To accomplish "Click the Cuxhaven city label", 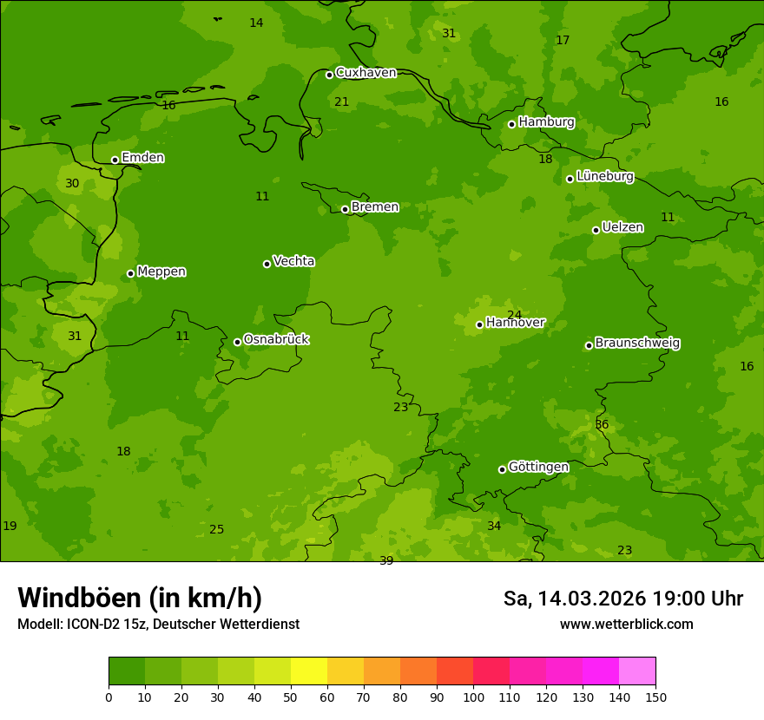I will click(x=366, y=73).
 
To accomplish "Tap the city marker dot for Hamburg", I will click(x=512, y=124).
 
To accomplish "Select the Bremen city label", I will click(x=374, y=207).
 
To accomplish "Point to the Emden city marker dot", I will click(x=115, y=160).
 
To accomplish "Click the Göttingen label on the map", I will click(x=538, y=468).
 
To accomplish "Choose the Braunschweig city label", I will click(x=637, y=344).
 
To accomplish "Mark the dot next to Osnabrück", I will click(x=237, y=342).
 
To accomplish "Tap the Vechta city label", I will click(x=293, y=261).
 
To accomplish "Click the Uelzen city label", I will click(x=622, y=228).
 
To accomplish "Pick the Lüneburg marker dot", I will click(x=570, y=179).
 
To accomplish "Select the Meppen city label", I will click(x=161, y=272).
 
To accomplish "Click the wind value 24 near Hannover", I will click(x=515, y=315).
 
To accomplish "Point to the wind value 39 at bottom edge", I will click(x=386, y=560).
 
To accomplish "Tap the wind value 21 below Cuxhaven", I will click(x=342, y=101).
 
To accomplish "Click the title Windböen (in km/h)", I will click(x=140, y=598).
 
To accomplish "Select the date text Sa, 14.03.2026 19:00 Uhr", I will click(x=622, y=599).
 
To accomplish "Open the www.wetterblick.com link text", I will click(x=626, y=624).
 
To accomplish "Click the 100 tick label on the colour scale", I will click(x=473, y=697).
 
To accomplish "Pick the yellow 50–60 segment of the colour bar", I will click(x=309, y=671).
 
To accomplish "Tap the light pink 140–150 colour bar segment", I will click(x=637, y=671).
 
